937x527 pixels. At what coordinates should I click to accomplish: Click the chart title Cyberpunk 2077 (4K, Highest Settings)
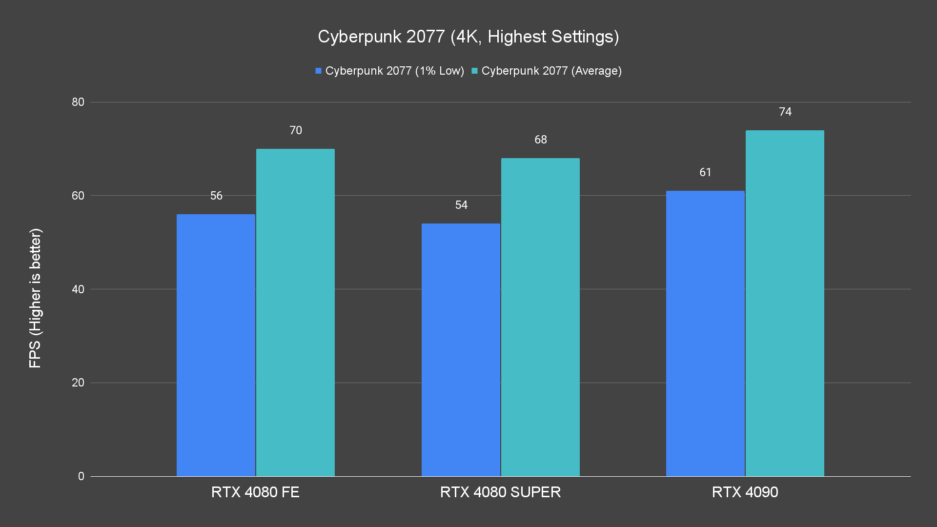click(468, 37)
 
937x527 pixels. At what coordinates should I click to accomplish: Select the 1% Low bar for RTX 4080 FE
click(216, 345)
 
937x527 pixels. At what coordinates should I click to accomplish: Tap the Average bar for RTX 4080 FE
click(295, 312)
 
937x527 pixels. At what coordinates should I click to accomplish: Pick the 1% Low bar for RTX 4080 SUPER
click(461, 349)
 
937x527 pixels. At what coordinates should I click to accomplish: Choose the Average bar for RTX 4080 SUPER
click(540, 317)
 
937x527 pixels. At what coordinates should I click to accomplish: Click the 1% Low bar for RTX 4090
click(705, 333)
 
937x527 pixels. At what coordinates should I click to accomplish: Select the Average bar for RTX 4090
click(785, 303)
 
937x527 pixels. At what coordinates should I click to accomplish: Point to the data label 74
click(785, 112)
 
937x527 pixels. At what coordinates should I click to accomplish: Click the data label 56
click(216, 196)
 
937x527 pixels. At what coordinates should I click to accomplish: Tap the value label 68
click(540, 140)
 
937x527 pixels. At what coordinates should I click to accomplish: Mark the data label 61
click(705, 172)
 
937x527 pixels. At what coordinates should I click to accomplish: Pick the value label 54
click(461, 205)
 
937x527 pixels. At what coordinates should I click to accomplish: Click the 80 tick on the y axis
click(78, 102)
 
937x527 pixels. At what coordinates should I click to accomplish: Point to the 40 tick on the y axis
click(78, 289)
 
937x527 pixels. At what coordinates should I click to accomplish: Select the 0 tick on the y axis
click(81, 476)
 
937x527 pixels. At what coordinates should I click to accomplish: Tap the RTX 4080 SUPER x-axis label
click(500, 492)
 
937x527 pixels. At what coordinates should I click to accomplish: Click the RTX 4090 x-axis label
click(745, 492)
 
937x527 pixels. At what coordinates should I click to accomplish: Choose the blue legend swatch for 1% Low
click(318, 71)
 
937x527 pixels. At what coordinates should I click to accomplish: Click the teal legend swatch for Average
click(474, 71)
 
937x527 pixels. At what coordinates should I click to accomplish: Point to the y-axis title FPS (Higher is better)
click(35, 298)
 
